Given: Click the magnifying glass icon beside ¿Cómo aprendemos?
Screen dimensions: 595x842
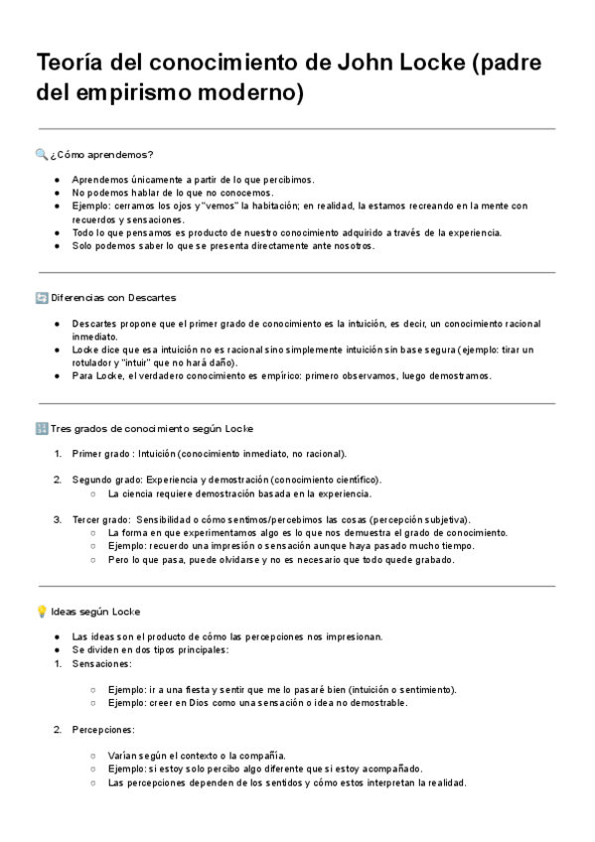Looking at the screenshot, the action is pos(41,154).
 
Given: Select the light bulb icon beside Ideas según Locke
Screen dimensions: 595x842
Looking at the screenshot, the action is pos(41,611).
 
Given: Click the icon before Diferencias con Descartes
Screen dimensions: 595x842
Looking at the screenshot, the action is pos(41,297).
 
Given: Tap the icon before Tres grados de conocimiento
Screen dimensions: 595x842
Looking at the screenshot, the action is pos(41,428).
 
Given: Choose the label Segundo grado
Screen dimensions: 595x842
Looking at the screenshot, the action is pos(106,480).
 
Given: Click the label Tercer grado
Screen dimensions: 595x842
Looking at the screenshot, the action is pos(100,519).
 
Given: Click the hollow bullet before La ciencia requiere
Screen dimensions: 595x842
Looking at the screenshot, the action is pos(92,493).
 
